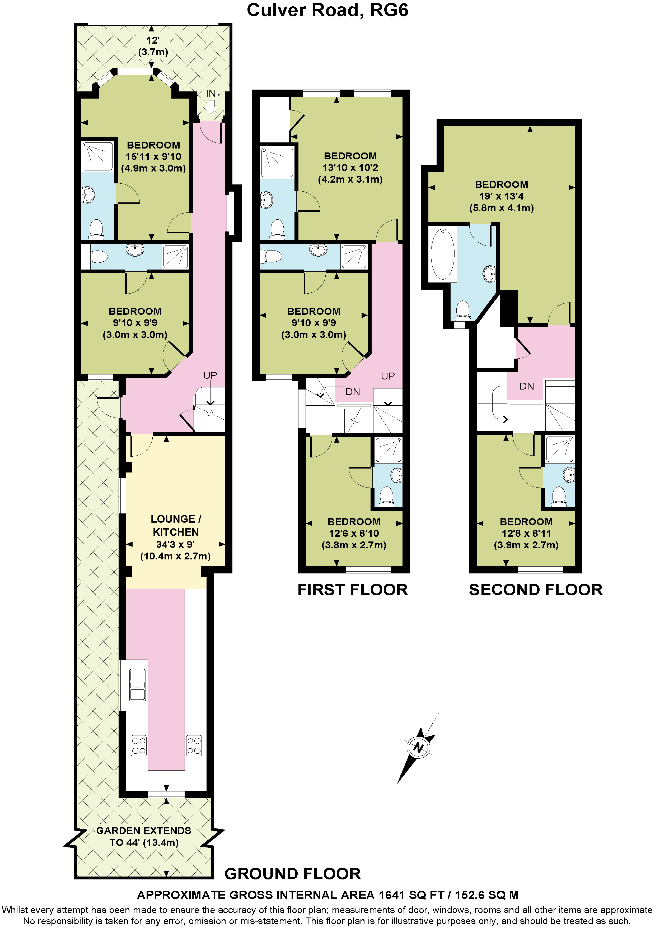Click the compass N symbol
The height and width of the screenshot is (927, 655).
[418, 747]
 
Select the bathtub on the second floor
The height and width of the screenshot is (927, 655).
[443, 254]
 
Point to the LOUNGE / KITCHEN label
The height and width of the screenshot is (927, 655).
[176, 525]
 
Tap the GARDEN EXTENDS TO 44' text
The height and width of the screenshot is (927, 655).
[144, 836]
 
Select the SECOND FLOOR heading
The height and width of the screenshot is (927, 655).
[536, 590]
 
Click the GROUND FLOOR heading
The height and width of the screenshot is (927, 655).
[293, 874]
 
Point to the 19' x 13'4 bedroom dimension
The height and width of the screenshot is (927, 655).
[501, 196]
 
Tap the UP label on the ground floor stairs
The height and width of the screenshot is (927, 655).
[210, 376]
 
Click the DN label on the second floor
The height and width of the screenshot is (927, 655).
[527, 386]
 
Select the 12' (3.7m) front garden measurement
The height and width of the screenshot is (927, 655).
[153, 46]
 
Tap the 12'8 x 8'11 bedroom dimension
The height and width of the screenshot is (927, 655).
[526, 533]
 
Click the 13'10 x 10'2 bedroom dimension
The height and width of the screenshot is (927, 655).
[350, 168]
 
